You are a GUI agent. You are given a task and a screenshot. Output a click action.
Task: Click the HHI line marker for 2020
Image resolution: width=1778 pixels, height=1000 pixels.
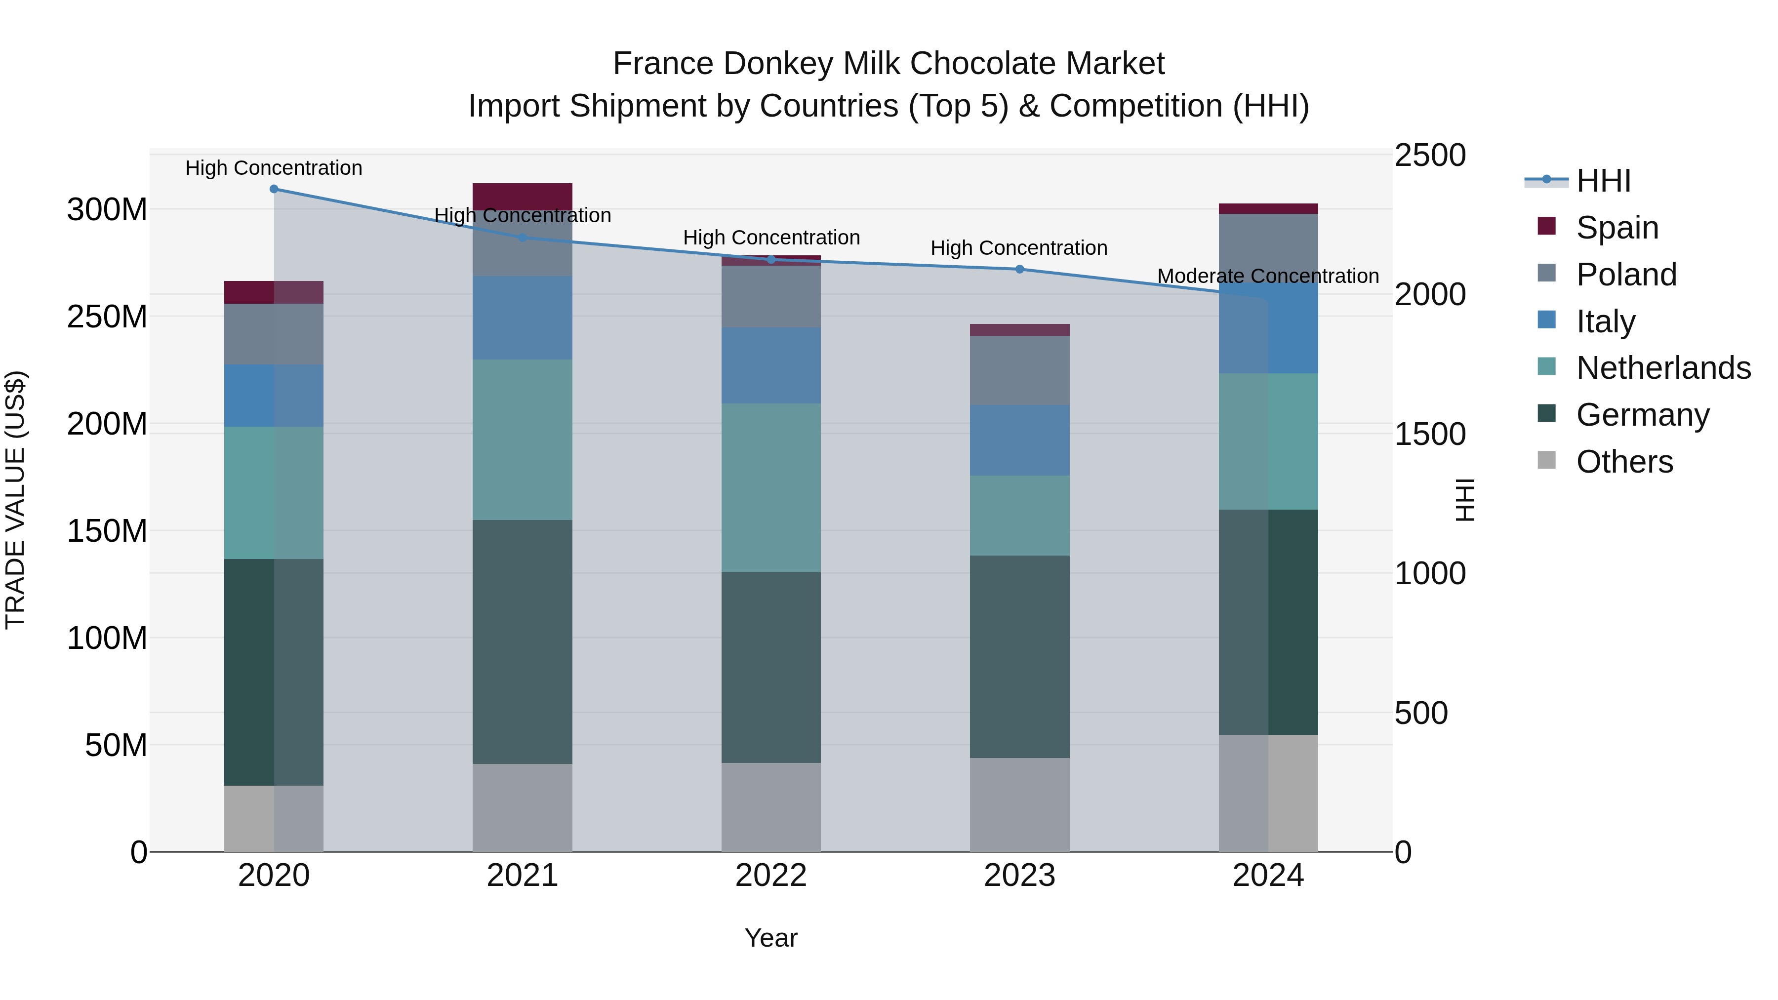pyautogui.click(x=274, y=189)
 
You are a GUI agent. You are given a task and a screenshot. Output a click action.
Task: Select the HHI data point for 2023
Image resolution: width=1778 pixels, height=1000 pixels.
pyautogui.click(x=1019, y=269)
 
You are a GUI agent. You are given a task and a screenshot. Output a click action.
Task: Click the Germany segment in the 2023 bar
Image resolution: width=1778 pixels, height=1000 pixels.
pyautogui.click(x=1019, y=656)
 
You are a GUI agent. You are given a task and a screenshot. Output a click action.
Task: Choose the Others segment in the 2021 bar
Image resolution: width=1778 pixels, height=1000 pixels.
pyautogui.click(x=523, y=807)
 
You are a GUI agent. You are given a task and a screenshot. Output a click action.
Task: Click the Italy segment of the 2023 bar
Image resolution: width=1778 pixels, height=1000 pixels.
pyautogui.click(x=1019, y=440)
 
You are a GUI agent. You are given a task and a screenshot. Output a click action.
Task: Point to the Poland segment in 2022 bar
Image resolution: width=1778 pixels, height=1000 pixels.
pyautogui.click(x=771, y=297)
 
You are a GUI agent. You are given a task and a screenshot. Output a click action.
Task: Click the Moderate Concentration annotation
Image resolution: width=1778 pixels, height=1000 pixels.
pyautogui.click(x=1268, y=276)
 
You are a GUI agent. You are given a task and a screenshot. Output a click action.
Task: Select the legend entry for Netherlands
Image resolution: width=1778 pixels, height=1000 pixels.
pyautogui.click(x=1663, y=368)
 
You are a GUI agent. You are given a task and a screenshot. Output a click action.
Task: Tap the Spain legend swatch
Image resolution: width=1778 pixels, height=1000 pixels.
pyautogui.click(x=1547, y=226)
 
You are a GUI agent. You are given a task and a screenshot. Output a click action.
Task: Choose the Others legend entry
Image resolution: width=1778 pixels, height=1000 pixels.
pyautogui.click(x=1624, y=462)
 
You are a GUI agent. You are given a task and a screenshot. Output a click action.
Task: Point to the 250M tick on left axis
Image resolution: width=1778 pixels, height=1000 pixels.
pyautogui.click(x=107, y=317)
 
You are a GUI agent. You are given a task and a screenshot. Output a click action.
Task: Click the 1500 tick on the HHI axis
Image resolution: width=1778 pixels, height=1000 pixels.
pyautogui.click(x=1429, y=434)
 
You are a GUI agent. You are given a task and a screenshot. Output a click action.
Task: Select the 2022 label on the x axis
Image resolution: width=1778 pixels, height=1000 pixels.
pyautogui.click(x=771, y=876)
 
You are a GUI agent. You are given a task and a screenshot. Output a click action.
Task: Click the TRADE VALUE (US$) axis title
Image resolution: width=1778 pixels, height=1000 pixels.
pyautogui.click(x=15, y=500)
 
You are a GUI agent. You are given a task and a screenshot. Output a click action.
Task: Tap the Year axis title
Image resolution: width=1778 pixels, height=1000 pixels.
pyautogui.click(x=771, y=938)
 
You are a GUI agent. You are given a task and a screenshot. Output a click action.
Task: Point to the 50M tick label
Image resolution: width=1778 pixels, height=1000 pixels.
pyautogui.click(x=116, y=745)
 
